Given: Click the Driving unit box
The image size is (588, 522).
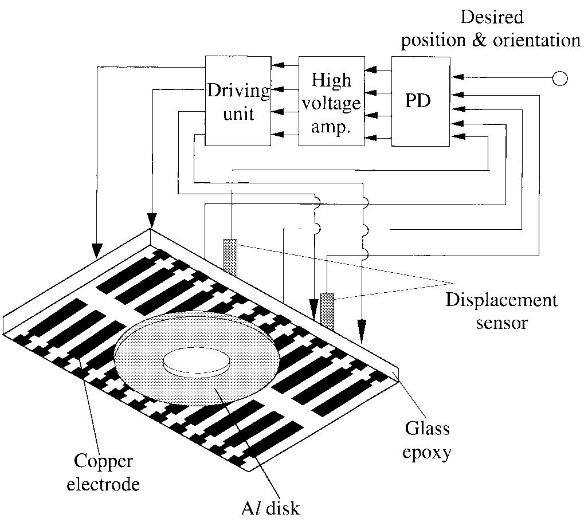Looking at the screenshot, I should click(237, 101).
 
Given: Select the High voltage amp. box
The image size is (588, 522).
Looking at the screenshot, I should click(332, 101).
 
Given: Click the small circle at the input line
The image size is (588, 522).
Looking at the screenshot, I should click(559, 79).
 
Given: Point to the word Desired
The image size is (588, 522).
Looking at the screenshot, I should click(492, 17).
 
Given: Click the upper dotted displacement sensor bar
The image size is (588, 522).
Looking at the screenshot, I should click(230, 257).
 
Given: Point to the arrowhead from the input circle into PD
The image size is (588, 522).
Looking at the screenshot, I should click(457, 79).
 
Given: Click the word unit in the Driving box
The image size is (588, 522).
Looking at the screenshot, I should click(238, 113).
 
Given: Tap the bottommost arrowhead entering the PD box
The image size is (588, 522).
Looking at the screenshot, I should click(457, 136).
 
